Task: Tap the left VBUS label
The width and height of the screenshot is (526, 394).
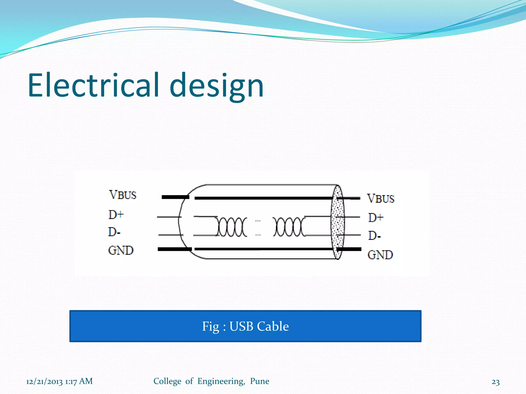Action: (123, 195)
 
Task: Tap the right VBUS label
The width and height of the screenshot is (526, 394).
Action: (381, 199)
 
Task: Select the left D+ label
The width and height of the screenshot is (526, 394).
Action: (116, 214)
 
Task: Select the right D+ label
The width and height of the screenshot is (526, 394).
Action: (376, 218)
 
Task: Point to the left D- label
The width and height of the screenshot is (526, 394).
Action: (114, 232)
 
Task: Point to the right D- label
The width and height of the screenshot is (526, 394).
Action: (374, 235)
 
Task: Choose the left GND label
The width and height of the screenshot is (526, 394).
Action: (121, 250)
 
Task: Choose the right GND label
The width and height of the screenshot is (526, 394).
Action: (380, 255)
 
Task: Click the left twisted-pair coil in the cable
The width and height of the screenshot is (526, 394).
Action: (231, 227)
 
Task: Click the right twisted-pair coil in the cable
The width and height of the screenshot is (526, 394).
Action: (289, 227)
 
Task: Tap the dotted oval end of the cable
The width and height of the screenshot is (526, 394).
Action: (337, 222)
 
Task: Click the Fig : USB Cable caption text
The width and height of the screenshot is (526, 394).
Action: (245, 326)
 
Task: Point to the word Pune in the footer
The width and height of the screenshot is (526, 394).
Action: (259, 381)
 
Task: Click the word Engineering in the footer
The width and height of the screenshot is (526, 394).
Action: (221, 381)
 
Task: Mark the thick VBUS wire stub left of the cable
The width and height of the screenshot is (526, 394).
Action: (175, 197)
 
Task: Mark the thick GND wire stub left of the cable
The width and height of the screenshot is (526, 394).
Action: (175, 249)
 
